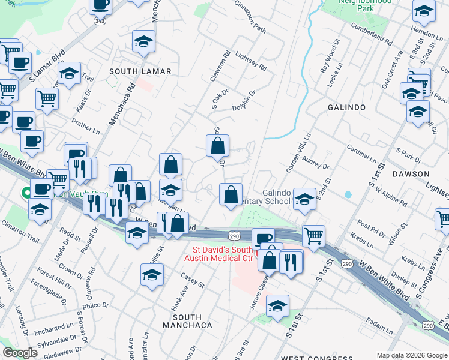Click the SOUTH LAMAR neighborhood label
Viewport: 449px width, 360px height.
(x=140, y=71)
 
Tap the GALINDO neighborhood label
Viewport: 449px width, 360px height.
(x=346, y=107)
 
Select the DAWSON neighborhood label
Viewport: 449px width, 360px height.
(x=411, y=174)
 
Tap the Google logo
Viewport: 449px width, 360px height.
(x=20, y=353)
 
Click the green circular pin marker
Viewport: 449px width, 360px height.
(x=26, y=193)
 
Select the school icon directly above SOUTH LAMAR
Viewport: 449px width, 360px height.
(x=143, y=42)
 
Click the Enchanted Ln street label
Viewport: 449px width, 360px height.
(x=53, y=329)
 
